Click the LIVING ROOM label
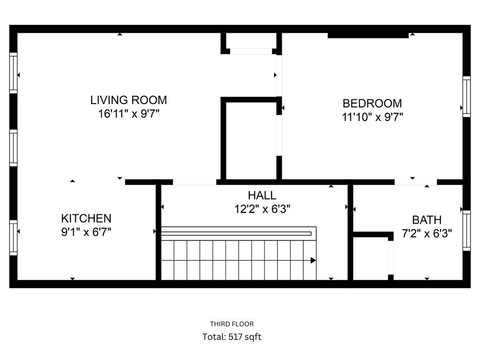(128, 100)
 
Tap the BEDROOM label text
(372, 104)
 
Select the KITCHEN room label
(86, 218)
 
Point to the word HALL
(262, 195)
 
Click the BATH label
(427, 220)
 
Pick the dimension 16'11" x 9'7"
(128, 114)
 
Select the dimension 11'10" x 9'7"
(372, 117)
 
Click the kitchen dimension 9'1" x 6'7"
(86, 232)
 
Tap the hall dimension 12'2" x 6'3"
(262, 209)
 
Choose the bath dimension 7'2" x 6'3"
(427, 233)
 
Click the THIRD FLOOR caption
(232, 324)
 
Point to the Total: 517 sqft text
(232, 337)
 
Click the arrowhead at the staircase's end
(313, 260)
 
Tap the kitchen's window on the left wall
(14, 237)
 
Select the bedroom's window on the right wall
(466, 97)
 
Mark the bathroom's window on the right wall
(466, 231)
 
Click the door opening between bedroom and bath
(415, 182)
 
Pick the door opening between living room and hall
(195, 182)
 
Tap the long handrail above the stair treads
(237, 233)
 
